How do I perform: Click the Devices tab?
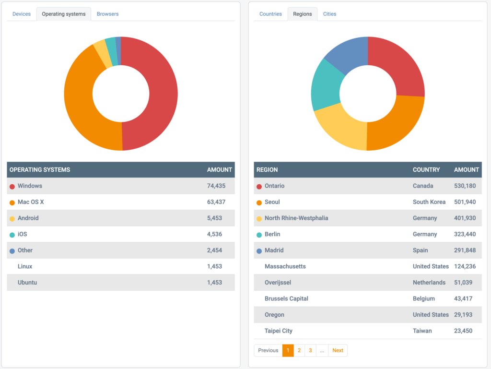pyautogui.click(x=22, y=14)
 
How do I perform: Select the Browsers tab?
pyautogui.click(x=107, y=14)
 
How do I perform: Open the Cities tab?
pyautogui.click(x=329, y=14)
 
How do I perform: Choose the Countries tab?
pyautogui.click(x=270, y=14)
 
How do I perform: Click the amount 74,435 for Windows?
pyautogui.click(x=216, y=186)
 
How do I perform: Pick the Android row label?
pyautogui.click(x=28, y=218)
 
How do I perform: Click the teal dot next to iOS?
pyautogui.click(x=12, y=235)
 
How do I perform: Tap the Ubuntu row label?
pyautogui.click(x=27, y=282)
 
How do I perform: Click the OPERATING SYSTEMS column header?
pyautogui.click(x=40, y=169)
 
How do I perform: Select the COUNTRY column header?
pyautogui.click(x=426, y=169)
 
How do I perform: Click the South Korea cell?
pyautogui.click(x=429, y=202)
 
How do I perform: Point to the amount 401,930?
pyautogui.click(x=465, y=218)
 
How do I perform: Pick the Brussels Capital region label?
pyautogui.click(x=286, y=298)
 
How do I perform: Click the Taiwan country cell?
pyautogui.click(x=422, y=331)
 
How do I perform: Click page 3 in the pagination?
pyautogui.click(x=310, y=350)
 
